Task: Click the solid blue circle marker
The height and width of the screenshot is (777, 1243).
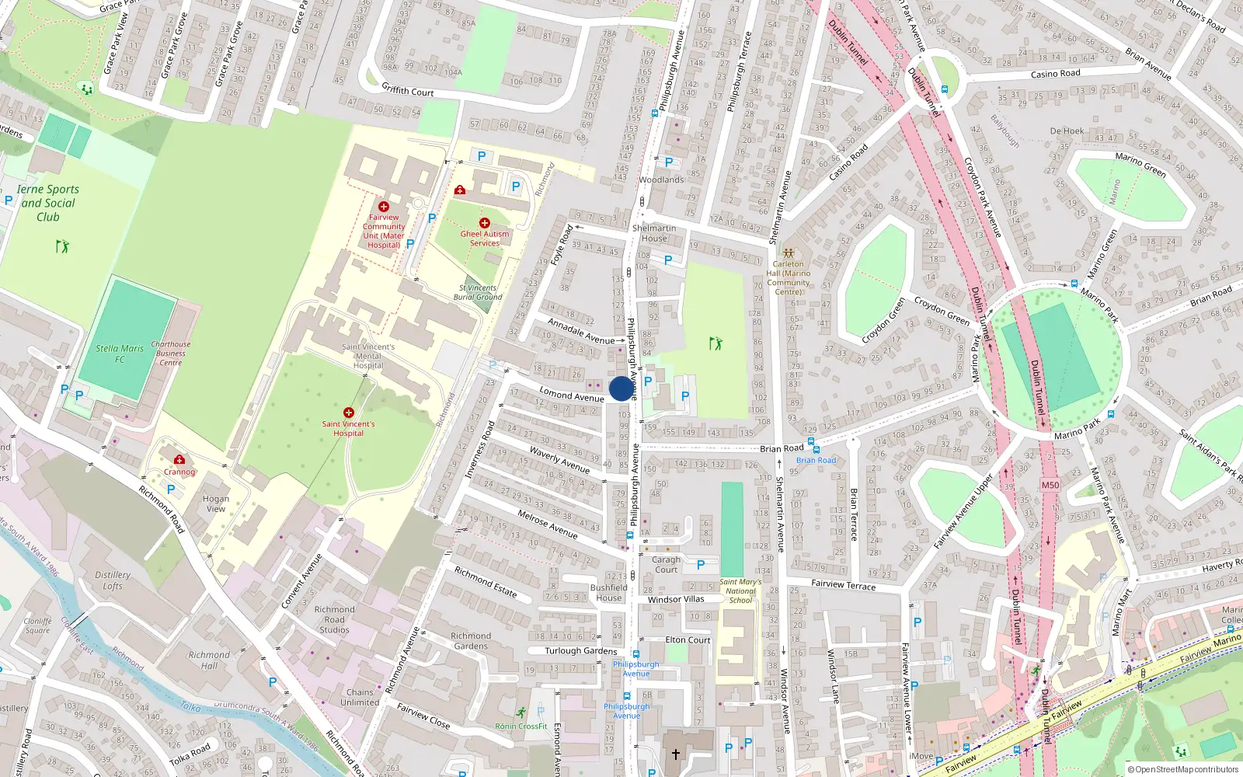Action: pyautogui.click(x=621, y=388)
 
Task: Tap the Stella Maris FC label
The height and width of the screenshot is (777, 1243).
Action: pyautogui.click(x=120, y=354)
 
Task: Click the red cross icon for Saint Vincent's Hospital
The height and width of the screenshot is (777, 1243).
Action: pyautogui.click(x=349, y=412)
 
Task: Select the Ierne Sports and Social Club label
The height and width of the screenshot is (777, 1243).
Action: pyautogui.click(x=48, y=203)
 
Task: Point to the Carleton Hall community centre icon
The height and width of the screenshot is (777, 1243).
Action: pyautogui.click(x=788, y=253)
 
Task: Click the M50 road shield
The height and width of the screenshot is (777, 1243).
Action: pyautogui.click(x=1050, y=485)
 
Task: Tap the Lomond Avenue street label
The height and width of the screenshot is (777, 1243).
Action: pyautogui.click(x=572, y=395)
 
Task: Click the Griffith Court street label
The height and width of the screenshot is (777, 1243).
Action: pyautogui.click(x=407, y=90)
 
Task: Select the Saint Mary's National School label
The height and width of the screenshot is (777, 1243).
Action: pyautogui.click(x=740, y=591)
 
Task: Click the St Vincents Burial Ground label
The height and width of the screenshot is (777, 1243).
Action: pyautogui.click(x=478, y=292)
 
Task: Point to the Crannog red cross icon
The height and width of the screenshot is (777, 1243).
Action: pyautogui.click(x=179, y=459)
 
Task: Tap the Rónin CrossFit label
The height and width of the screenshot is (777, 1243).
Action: pyautogui.click(x=521, y=726)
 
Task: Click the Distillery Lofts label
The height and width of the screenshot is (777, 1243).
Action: pyautogui.click(x=113, y=580)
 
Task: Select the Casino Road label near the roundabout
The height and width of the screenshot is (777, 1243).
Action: pyautogui.click(x=1055, y=74)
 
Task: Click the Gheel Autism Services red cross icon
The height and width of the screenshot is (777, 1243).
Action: pyautogui.click(x=485, y=223)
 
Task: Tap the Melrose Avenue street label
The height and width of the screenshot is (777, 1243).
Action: pyautogui.click(x=548, y=524)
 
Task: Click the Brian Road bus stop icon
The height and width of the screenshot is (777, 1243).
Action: pyautogui.click(x=812, y=443)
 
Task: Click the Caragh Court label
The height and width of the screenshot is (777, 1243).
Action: pyautogui.click(x=666, y=564)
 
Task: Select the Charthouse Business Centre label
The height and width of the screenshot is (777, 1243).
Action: pyautogui.click(x=171, y=353)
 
